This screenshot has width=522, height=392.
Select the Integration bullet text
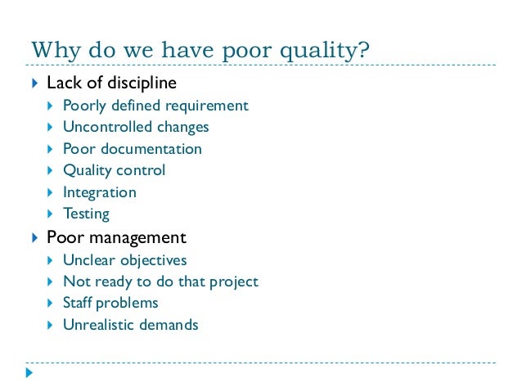click(x=100, y=192)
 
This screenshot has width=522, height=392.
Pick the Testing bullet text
click(x=86, y=214)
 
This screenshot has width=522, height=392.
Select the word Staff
click(x=79, y=303)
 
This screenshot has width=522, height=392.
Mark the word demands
click(x=169, y=325)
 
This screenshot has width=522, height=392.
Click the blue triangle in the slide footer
click(x=30, y=373)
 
